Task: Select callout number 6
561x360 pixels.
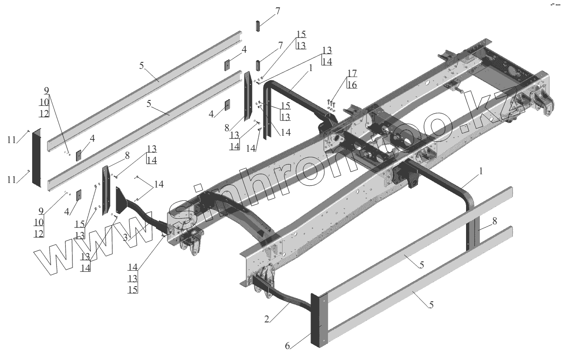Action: click(288, 346)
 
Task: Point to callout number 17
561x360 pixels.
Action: click(352, 73)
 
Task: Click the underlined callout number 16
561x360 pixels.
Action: click(352, 84)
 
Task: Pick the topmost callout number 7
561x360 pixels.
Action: click(278, 11)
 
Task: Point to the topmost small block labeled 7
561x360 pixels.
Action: click(259, 26)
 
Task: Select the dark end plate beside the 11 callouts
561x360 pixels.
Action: click(36, 157)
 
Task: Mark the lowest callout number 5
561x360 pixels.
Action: click(431, 304)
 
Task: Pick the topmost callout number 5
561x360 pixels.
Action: click(142, 66)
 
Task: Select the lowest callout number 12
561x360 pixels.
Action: click(39, 233)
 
